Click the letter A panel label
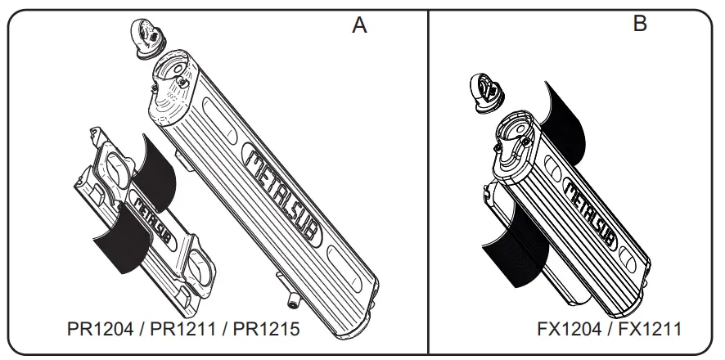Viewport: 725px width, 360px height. [359, 25]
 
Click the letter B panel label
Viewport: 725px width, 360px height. [640, 23]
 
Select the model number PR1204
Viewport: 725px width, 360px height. [101, 330]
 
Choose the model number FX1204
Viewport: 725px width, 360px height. [570, 330]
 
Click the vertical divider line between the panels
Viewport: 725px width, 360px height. [429, 180]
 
